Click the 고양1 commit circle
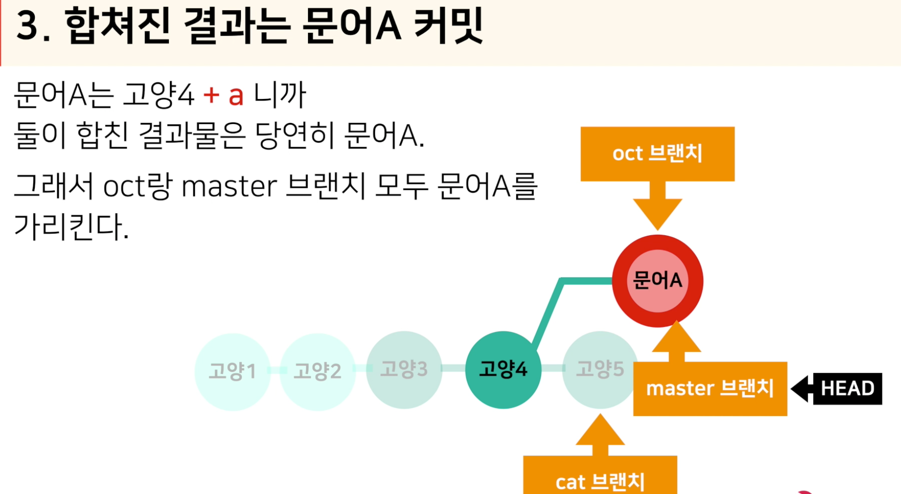tap(232, 371)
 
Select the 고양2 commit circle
tap(317, 371)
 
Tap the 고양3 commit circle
tap(404, 370)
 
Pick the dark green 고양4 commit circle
tap(503, 370)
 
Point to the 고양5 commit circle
tap(600, 370)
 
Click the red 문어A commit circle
tap(657, 281)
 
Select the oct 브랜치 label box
tap(657, 154)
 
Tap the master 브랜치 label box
tap(710, 389)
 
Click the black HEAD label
tap(847, 389)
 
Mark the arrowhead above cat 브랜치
tap(600, 431)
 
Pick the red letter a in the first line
tap(236, 96)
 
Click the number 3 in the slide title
tap(28, 26)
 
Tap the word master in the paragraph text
tap(229, 187)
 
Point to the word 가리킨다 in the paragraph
tap(71, 227)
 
